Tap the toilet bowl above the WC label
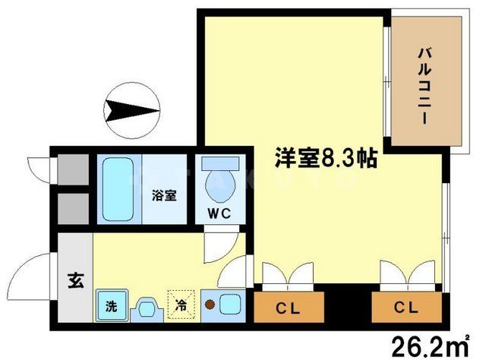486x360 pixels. [219, 181]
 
